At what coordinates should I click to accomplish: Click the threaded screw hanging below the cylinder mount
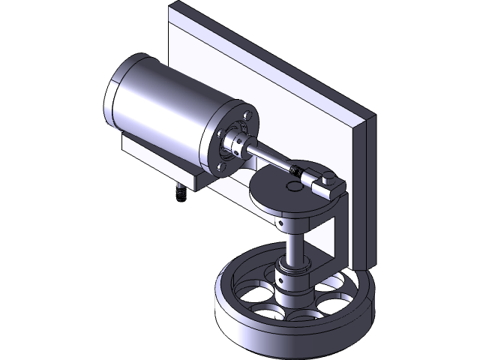180,193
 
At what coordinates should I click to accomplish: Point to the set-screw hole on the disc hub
280,223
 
